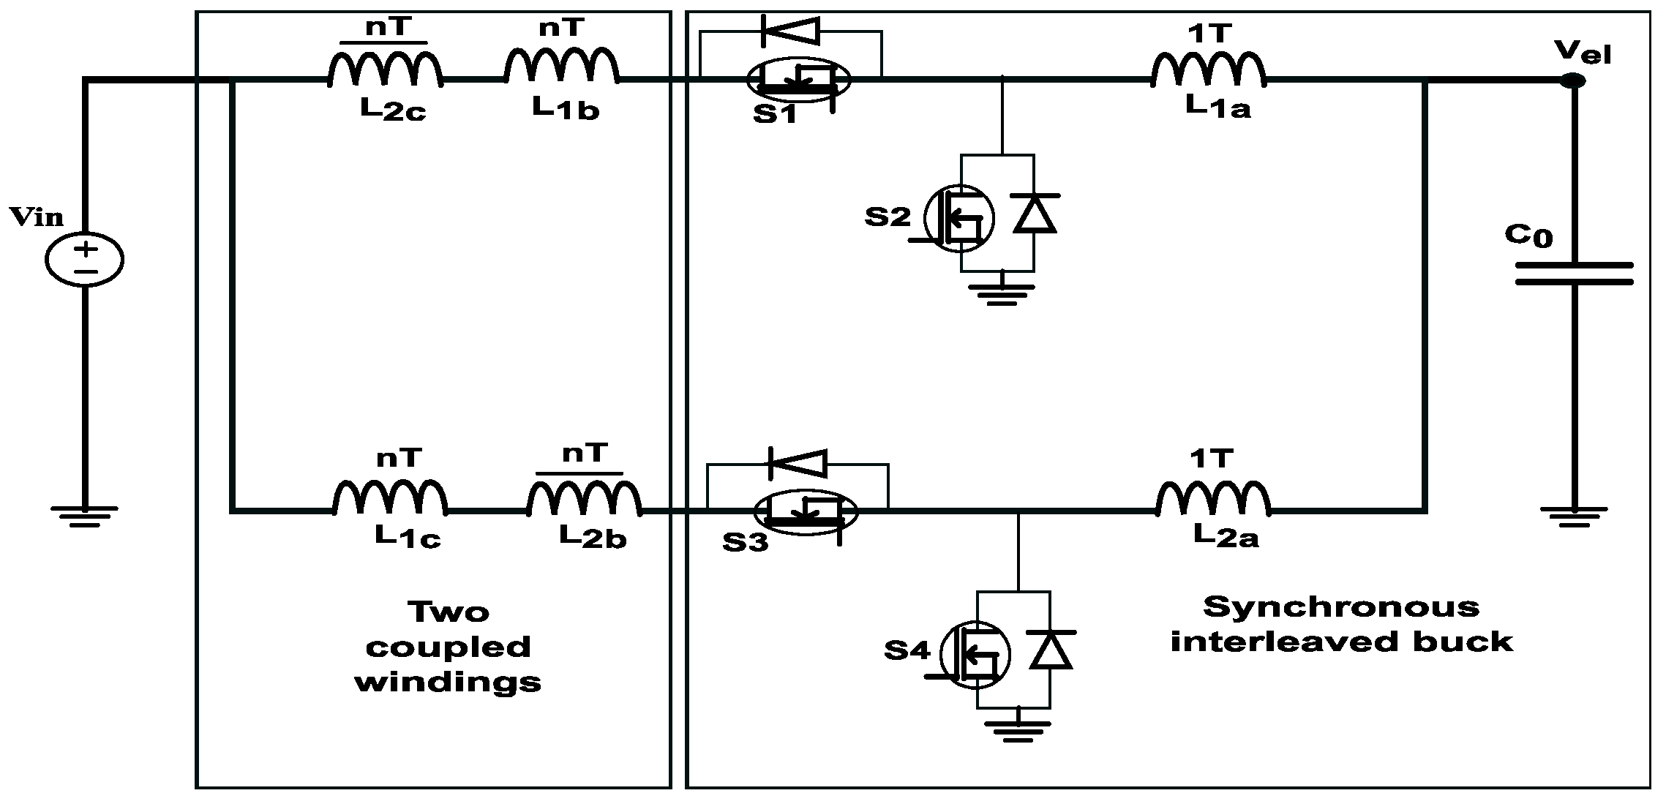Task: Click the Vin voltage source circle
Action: click(85, 260)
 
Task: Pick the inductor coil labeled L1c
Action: click(390, 498)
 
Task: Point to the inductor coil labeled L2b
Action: click(584, 500)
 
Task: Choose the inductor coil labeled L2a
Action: click(1213, 498)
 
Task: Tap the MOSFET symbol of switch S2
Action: click(958, 218)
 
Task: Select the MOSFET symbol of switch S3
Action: click(805, 511)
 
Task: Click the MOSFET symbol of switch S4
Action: click(975, 654)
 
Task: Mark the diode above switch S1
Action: click(789, 31)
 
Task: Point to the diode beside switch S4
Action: click(1051, 650)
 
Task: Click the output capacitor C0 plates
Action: click(1574, 274)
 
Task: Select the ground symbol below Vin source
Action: click(85, 516)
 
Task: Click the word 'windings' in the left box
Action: click(448, 683)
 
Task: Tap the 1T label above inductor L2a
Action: click(1212, 459)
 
